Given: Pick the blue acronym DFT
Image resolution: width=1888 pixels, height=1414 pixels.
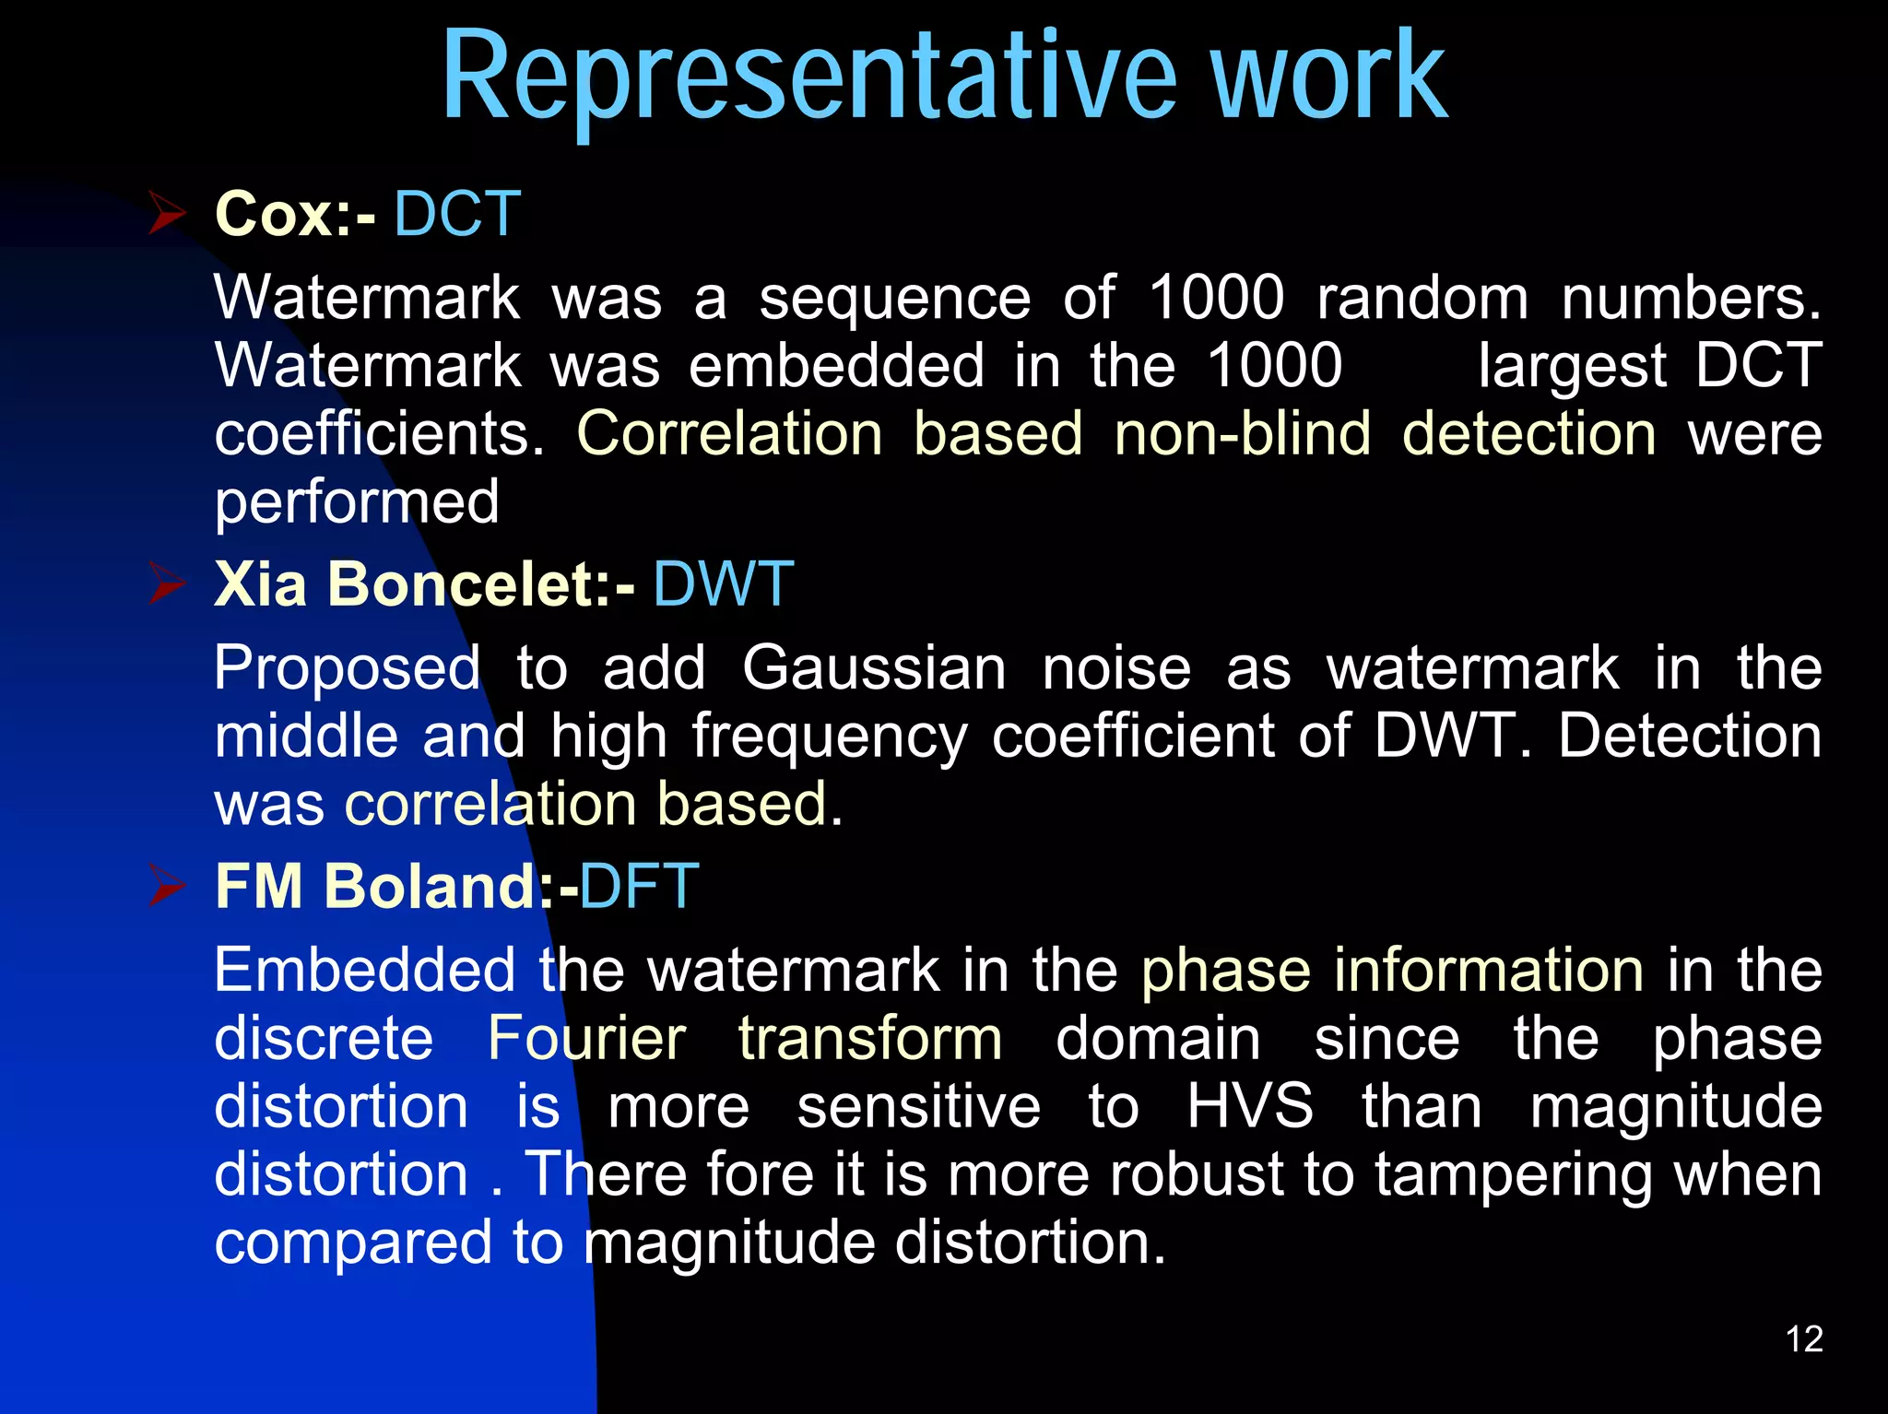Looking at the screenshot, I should [x=639, y=886].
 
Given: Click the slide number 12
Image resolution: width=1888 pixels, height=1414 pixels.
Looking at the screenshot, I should [x=1804, y=1338].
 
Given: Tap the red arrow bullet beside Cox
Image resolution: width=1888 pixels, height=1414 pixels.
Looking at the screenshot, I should [x=168, y=214].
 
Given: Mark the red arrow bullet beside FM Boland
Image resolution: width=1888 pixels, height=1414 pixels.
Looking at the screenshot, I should [x=168, y=886].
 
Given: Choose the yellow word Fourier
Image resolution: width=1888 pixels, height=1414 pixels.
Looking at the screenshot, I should [x=586, y=1038].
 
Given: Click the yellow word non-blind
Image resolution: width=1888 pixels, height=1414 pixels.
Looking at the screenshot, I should [x=1242, y=433].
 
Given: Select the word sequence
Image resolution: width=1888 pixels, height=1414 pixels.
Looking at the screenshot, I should [x=894, y=300].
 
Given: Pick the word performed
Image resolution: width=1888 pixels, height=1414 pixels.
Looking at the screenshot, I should [x=357, y=502].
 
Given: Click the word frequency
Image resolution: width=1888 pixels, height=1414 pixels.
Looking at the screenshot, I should [x=830, y=737].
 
